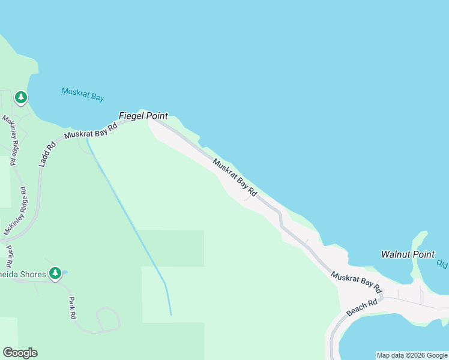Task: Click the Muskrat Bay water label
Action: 83,94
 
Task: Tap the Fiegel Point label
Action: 143,116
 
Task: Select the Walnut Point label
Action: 408,254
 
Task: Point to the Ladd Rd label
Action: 47,153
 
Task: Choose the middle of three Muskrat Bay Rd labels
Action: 235,178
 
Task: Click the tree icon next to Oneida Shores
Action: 55,274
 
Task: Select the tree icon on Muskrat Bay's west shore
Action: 21,97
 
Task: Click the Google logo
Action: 20,353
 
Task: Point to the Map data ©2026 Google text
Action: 412,356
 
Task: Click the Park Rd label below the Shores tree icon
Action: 72,307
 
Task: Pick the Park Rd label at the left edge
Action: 10,255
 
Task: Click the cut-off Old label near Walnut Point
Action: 442,264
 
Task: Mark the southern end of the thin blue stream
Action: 171,315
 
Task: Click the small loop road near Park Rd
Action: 109,319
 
